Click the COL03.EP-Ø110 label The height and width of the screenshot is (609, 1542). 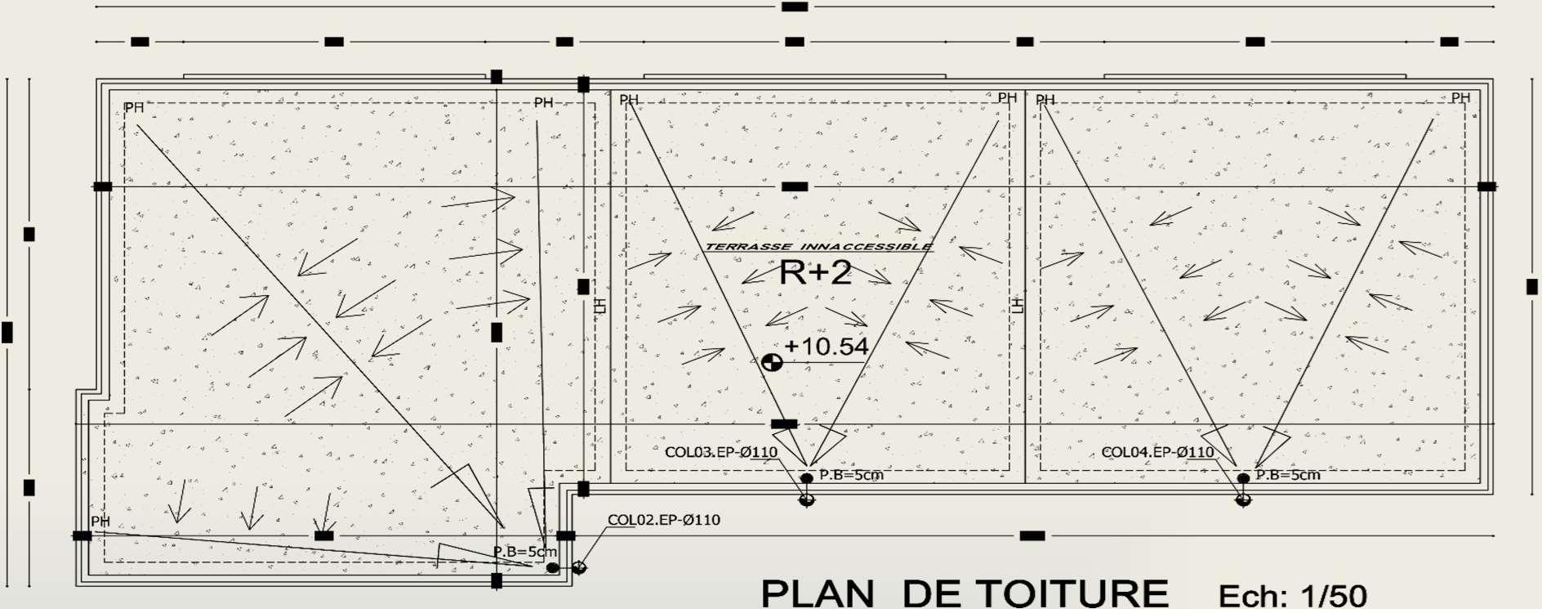point(720,452)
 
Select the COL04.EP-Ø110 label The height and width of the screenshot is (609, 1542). point(1157,452)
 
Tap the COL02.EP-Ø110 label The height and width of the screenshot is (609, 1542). point(663,520)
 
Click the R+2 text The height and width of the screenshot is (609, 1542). point(815,272)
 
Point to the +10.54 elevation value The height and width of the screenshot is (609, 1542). point(827,347)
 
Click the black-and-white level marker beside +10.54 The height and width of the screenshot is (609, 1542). point(772,362)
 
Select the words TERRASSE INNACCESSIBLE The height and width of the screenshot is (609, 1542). point(818,246)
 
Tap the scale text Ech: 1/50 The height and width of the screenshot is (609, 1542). point(1292,595)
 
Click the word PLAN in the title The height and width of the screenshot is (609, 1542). point(818,593)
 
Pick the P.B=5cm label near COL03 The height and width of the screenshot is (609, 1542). point(851,475)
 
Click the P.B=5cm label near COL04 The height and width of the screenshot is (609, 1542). point(1287,475)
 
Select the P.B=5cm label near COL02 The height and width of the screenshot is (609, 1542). point(524,552)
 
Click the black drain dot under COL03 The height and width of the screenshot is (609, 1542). point(807,478)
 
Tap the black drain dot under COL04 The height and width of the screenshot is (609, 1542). point(1243,478)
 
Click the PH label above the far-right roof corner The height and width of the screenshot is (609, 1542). point(1460,98)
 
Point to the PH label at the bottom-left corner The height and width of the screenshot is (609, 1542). point(100,522)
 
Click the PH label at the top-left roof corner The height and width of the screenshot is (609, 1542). point(134,108)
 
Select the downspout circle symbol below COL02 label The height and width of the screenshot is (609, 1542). point(579,567)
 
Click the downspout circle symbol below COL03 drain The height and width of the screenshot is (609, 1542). point(807,499)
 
